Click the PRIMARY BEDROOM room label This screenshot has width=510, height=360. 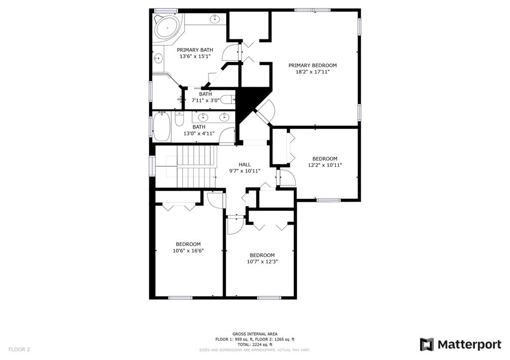pyautogui.click(x=313, y=65)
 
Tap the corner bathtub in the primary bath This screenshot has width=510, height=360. pyautogui.click(x=167, y=28)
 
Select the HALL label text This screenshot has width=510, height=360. pyautogui.click(x=245, y=164)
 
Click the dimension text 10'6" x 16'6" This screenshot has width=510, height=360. pyautogui.click(x=188, y=250)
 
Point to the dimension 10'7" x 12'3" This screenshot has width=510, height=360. pyautogui.click(x=262, y=261)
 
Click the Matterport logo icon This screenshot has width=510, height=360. pyautogui.click(x=426, y=345)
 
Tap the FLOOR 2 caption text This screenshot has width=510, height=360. pyautogui.click(x=19, y=350)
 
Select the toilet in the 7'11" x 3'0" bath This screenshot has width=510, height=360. pyautogui.click(x=228, y=100)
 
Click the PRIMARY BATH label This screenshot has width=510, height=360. pyautogui.click(x=195, y=50)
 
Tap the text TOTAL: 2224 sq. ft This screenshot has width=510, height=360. pyautogui.click(x=255, y=345)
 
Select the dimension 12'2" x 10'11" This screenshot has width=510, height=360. pyautogui.click(x=325, y=165)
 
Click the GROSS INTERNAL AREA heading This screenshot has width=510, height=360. pyautogui.click(x=255, y=334)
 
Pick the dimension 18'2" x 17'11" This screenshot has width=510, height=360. pyautogui.click(x=313, y=72)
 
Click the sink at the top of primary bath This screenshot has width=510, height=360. pyautogui.click(x=215, y=19)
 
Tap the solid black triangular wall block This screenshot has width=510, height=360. pyautogui.click(x=249, y=103)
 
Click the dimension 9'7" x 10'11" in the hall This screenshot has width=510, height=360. pyautogui.click(x=245, y=171)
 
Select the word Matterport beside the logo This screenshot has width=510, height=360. pyautogui.click(x=469, y=345)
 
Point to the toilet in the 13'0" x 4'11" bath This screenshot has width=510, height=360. pyautogui.click(x=179, y=119)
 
